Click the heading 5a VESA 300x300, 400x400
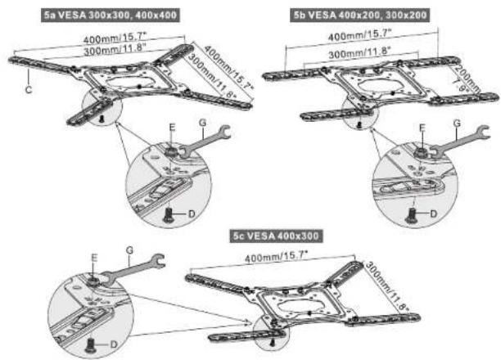[111, 15]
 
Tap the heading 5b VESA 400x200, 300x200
[360, 15]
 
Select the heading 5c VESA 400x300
[276, 236]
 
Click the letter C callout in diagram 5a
[29, 90]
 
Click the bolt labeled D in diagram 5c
[90, 346]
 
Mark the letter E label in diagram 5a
[172, 128]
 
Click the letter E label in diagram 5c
[94, 258]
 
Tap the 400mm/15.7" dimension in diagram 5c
[276, 256]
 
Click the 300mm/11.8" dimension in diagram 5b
[359, 52]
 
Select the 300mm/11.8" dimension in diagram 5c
[387, 286]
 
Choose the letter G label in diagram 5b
[458, 124]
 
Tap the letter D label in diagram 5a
[192, 214]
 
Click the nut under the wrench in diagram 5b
[420, 153]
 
